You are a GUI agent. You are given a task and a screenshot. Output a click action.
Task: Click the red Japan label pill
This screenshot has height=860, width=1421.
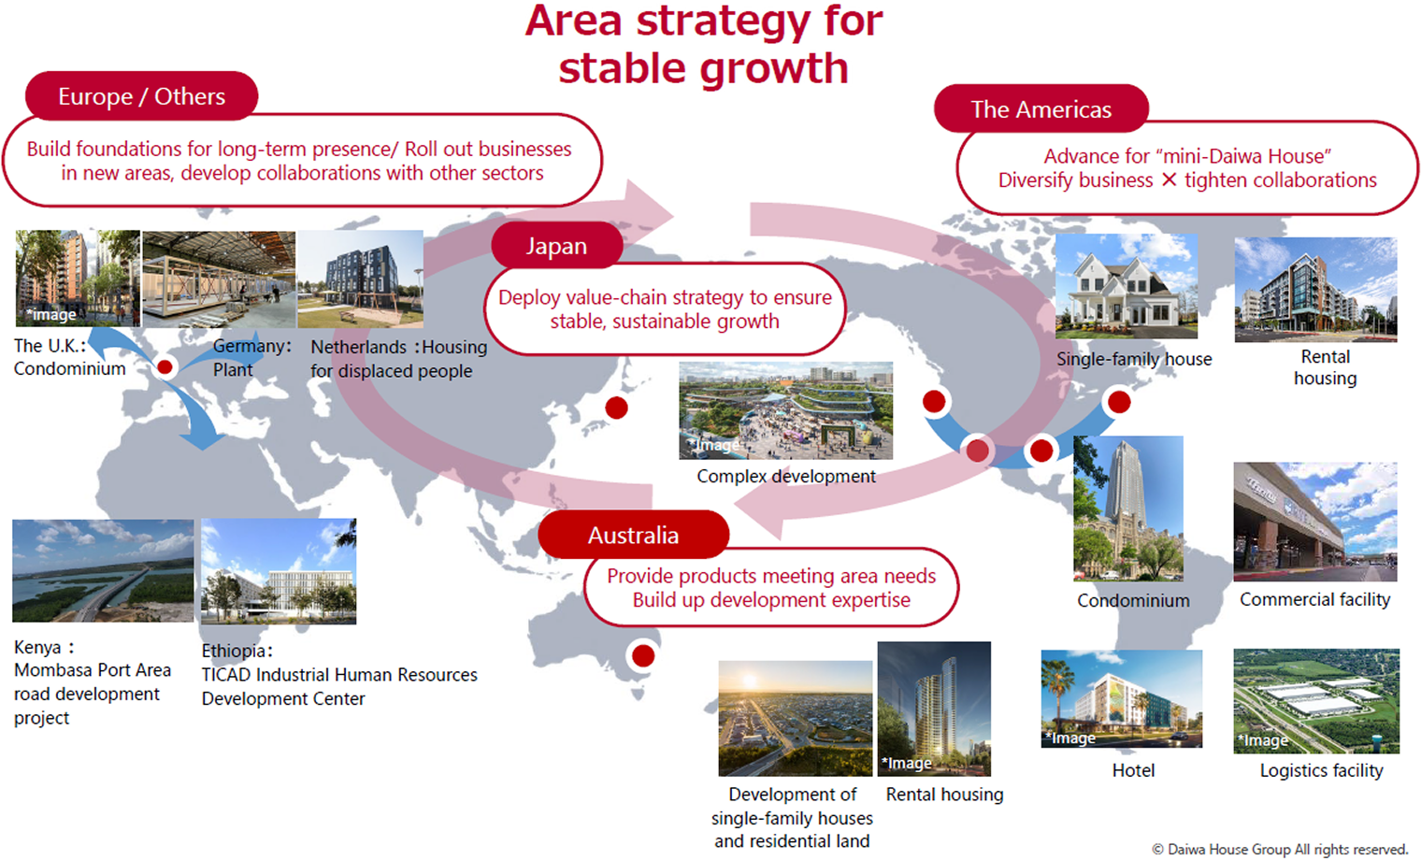(x=556, y=246)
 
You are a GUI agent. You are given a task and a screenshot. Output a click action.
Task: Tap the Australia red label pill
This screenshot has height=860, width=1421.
(x=633, y=535)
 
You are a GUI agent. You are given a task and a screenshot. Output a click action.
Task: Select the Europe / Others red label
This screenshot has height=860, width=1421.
(x=141, y=96)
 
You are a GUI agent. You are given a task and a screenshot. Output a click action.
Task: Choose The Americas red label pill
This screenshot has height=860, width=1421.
(x=1041, y=109)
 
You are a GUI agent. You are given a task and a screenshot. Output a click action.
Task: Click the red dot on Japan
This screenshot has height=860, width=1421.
(x=616, y=408)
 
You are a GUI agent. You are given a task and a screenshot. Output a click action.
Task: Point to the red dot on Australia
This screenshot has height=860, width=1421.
(x=643, y=655)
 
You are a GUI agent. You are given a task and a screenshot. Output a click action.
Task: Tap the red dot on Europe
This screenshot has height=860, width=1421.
(x=165, y=366)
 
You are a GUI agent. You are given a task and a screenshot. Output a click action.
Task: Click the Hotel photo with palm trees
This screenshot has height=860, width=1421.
(x=1121, y=698)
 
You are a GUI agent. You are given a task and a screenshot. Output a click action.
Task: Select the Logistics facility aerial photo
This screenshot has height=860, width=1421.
(x=1315, y=700)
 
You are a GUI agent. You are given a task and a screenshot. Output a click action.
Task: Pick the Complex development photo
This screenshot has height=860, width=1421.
(x=785, y=410)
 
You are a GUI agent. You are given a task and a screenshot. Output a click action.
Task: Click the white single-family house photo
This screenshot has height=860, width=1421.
(x=1126, y=286)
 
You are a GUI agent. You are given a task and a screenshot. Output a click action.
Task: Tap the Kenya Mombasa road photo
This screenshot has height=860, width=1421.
(x=103, y=570)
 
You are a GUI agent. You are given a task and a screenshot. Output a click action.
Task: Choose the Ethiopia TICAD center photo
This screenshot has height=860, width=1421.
(x=279, y=571)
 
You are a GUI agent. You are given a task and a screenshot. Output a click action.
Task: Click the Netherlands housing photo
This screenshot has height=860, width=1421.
(x=360, y=279)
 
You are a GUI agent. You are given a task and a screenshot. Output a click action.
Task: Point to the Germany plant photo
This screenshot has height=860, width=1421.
(x=219, y=279)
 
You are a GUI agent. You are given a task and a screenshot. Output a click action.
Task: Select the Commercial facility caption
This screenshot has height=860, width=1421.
(x=1314, y=599)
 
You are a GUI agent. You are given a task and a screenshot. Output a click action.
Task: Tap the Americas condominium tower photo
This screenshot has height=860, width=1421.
(x=1127, y=509)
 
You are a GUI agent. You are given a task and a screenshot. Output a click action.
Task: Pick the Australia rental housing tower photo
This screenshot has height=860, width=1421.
(x=933, y=708)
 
